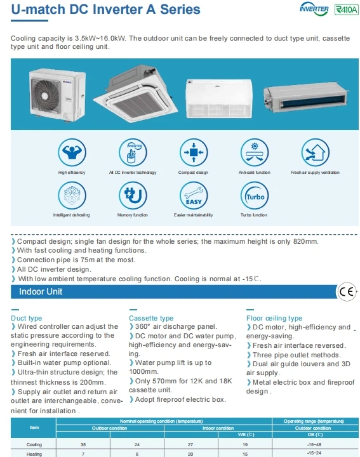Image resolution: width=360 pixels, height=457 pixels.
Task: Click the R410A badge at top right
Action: pos(345,10)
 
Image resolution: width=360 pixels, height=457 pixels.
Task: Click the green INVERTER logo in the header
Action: pos(314,10)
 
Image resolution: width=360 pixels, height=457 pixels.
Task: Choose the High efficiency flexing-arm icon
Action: pos(72,152)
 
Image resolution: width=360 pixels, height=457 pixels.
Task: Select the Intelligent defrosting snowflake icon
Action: pos(72,195)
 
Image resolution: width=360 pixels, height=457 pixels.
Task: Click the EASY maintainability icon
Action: pos(194,195)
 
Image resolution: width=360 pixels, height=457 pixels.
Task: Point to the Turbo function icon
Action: pos(255,195)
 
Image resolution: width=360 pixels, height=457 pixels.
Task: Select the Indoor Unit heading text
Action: pos(41,292)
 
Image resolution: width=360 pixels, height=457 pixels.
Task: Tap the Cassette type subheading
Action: pos(151,318)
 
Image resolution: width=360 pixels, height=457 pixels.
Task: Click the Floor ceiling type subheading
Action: pos(274,318)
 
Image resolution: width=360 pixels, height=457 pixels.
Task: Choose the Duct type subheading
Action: pos(27,318)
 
